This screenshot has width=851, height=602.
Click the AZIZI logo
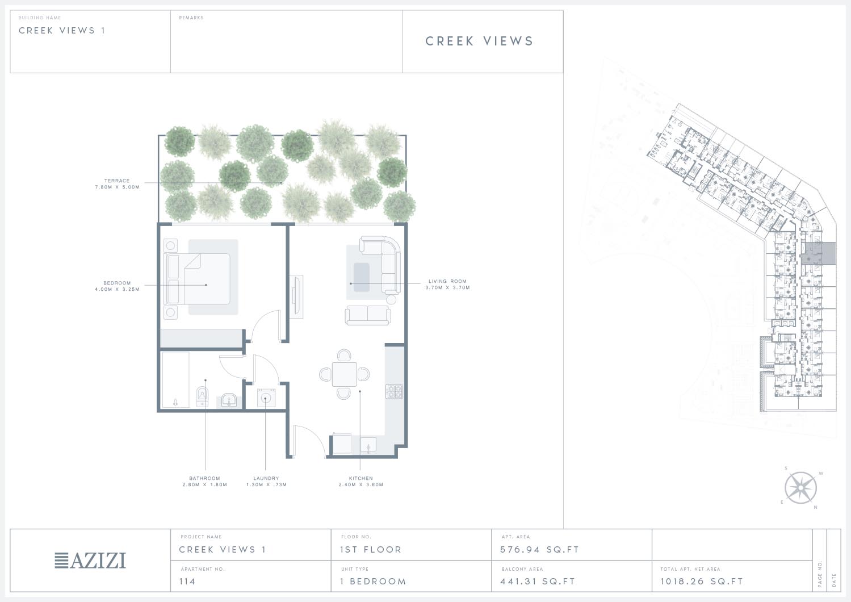[90, 560]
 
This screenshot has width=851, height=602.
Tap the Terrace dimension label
[117, 184]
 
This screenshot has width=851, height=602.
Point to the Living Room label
[447, 285]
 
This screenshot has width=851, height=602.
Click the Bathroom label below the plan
[205, 482]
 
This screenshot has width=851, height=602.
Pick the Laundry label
[266, 482]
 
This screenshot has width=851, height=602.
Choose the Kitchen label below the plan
[361, 482]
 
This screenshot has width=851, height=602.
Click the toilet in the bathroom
[202, 397]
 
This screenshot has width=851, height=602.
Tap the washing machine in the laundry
[266, 398]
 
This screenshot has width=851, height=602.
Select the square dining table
[344, 374]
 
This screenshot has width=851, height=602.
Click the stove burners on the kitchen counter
[394, 392]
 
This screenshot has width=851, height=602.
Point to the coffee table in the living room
[361, 277]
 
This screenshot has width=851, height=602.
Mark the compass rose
[800, 488]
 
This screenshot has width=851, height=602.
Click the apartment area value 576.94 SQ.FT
[539, 550]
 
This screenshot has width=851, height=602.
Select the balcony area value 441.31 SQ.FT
[538, 582]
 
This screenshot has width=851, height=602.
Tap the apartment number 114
[187, 582]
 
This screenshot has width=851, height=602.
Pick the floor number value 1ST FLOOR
[371, 550]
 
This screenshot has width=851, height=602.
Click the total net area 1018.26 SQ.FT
[702, 582]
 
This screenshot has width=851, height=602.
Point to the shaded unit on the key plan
[819, 253]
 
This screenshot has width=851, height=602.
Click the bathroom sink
[229, 400]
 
